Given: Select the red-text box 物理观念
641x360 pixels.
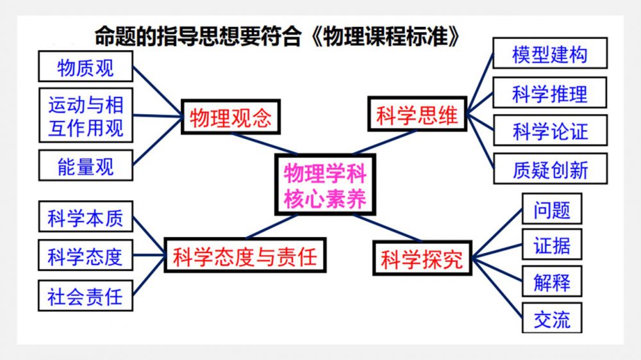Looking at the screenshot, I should click(231, 117).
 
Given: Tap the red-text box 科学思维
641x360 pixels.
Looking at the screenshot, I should click(417, 115).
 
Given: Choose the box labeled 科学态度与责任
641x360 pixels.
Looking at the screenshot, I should click(245, 257).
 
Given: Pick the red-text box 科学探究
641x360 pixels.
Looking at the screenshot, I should click(421, 259).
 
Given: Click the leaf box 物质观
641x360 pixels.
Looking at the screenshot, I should click(85, 67).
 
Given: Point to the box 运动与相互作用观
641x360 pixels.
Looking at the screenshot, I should click(85, 116).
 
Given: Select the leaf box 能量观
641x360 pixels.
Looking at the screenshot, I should click(85, 166).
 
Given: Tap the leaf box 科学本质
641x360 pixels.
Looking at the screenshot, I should click(85, 218).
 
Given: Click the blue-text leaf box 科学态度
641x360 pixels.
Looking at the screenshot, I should click(85, 257).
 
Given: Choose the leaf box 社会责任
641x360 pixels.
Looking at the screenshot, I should click(85, 297).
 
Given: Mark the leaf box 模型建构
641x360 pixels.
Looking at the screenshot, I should click(549, 54).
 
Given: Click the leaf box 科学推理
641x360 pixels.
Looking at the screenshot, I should click(549, 94).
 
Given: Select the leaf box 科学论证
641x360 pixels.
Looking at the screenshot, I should click(549, 132).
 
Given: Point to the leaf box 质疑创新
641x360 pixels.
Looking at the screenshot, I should click(549, 170).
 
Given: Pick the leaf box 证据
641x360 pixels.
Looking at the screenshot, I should click(551, 245).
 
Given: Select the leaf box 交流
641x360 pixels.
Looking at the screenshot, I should click(551, 318).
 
